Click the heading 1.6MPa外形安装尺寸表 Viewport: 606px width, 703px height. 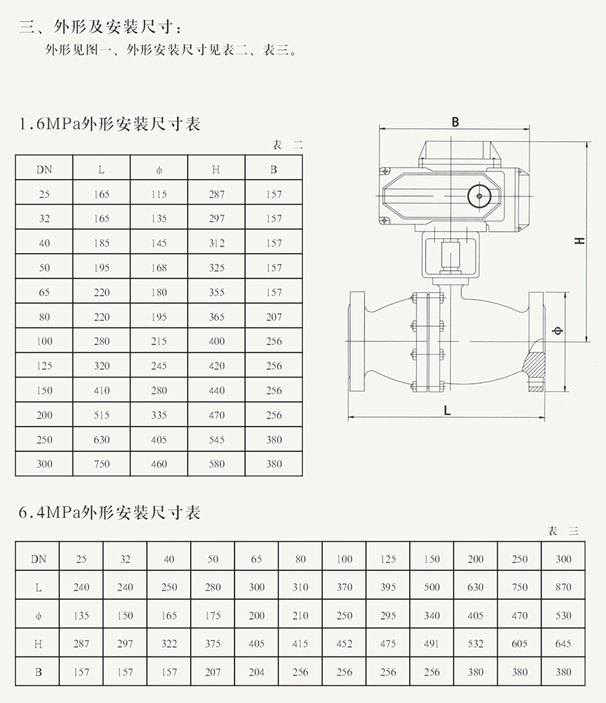click(109, 124)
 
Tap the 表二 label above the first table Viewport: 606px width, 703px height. click(287, 145)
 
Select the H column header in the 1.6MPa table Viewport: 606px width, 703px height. click(217, 170)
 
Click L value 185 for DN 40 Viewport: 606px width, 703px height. click(102, 243)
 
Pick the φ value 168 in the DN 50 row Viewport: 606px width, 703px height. click(159, 268)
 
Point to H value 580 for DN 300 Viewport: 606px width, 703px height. click(217, 464)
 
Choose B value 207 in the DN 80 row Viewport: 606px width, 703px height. click(274, 317)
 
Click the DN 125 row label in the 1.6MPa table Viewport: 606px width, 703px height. click(44, 366)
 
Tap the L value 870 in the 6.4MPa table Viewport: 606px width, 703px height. click(563, 587)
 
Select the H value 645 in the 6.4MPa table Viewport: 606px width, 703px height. click(563, 644)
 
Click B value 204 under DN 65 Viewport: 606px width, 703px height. click(257, 672)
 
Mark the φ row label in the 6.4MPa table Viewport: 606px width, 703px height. click(37, 616)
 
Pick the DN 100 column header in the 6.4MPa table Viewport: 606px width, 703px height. click(345, 560)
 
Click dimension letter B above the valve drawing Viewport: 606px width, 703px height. click(455, 122)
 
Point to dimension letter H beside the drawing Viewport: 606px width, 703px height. click(579, 240)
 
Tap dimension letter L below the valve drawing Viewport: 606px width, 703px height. click(447, 410)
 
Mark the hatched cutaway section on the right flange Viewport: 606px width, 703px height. click(535, 372)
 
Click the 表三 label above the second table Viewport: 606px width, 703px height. click(563, 532)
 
